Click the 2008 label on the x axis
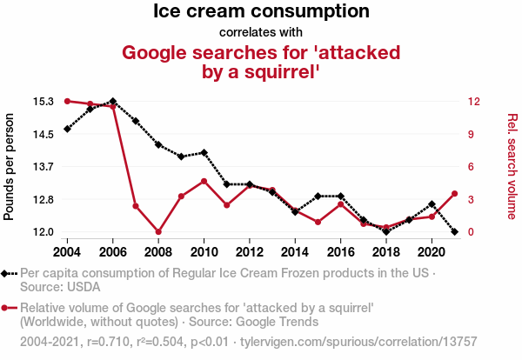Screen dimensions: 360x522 (158, 251)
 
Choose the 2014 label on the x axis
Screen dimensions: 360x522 (295, 251)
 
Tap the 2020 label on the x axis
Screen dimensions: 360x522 (432, 251)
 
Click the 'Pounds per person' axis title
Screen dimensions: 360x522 (10, 165)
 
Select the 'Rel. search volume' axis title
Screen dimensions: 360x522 (512, 165)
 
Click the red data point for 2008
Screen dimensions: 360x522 (158, 232)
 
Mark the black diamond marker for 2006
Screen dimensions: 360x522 (113, 102)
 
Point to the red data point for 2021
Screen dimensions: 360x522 (454, 194)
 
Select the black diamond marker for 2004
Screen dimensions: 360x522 (68, 129)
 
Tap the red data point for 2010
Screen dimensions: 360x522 (204, 181)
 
